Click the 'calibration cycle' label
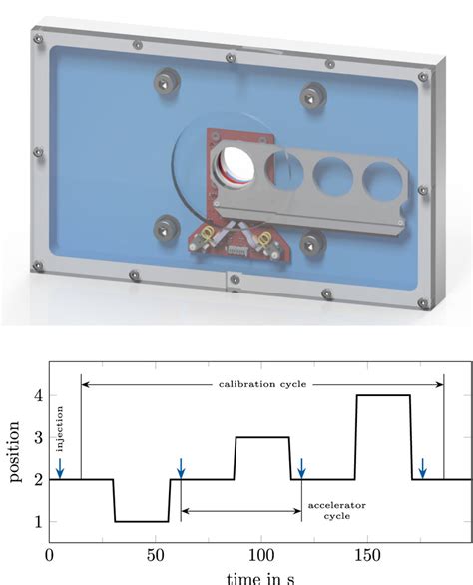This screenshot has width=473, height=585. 260,384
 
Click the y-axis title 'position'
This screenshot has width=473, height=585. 15,458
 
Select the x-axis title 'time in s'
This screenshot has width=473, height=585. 259,578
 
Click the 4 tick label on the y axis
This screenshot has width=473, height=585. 36,395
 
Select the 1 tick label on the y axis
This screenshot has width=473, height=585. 36,521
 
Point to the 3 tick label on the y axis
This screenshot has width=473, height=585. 36,437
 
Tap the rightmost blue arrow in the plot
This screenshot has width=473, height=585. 423,466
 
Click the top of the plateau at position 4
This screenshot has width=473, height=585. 383,396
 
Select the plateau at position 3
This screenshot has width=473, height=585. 262,437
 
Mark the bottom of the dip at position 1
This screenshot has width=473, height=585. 141,521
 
